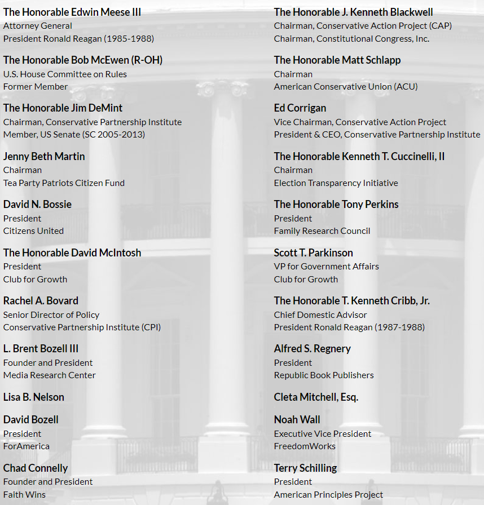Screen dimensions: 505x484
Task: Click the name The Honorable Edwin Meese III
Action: point(72,12)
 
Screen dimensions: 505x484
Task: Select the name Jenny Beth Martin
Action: point(44,156)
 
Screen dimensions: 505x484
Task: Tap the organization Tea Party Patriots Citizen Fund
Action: point(64,183)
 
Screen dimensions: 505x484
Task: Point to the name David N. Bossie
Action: point(37,204)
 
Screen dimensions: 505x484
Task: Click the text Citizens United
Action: point(33,231)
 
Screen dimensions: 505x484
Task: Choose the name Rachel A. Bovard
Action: point(41,300)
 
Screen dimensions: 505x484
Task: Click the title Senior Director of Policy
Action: point(51,314)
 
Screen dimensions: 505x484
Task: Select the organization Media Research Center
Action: point(50,375)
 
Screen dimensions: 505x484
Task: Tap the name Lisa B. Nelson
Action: point(34,397)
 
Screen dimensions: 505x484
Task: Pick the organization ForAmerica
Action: point(27,446)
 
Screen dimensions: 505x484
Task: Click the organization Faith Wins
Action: point(24,494)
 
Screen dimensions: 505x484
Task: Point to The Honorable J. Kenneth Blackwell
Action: point(353,12)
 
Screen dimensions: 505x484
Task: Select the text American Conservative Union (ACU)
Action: point(346,86)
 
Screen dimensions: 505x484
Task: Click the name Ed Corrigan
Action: point(300,108)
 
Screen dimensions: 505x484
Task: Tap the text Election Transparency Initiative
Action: point(336,183)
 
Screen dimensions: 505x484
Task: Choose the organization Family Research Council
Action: point(322,231)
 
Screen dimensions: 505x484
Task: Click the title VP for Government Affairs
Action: point(326,266)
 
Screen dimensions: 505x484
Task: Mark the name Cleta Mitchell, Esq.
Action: point(316,397)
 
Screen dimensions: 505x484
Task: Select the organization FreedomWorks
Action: point(305,446)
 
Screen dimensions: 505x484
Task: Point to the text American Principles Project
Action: point(328,494)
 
